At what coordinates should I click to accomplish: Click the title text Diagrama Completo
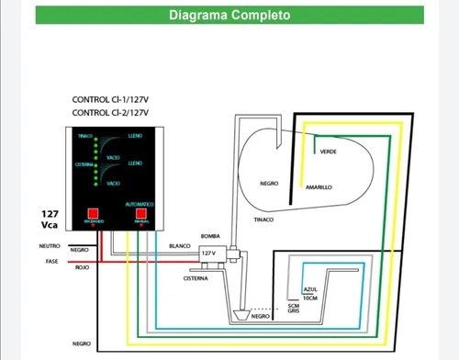pos(229,16)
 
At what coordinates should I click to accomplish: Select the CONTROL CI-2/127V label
pos(111,112)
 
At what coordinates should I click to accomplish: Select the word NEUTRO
pos(50,245)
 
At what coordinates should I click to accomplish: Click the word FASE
pos(52,261)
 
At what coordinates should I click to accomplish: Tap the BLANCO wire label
pos(180,245)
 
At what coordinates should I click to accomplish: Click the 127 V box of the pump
pos(208,252)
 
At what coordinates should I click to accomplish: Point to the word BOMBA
pos(209,236)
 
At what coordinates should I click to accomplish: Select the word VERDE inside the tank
pos(329,152)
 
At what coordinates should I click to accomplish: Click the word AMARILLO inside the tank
pos(319,186)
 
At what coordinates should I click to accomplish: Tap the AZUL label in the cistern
pos(309,289)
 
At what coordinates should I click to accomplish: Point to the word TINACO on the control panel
pos(86,136)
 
